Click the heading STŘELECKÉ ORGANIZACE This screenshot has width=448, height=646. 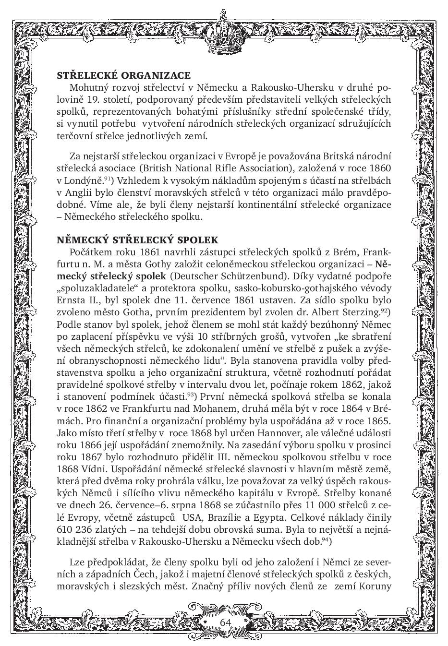[123, 75]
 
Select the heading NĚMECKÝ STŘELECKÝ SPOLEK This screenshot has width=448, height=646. [137, 240]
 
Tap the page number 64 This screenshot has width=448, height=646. [225, 622]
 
